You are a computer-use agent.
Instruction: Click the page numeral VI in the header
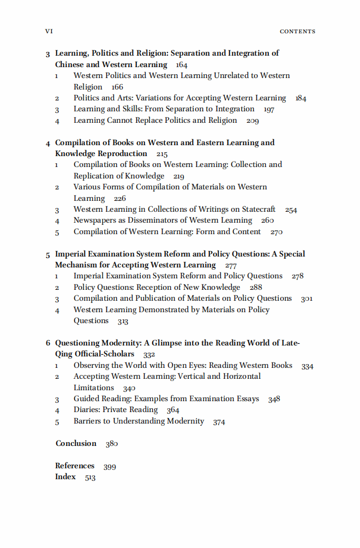coord(48,31)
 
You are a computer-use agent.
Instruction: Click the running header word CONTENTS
coord(297,32)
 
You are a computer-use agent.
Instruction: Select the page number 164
coord(182,65)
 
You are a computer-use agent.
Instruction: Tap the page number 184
coord(301,99)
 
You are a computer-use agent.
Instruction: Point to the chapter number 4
coord(48,143)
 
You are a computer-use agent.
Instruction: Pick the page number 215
coord(161,154)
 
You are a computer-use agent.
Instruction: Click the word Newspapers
coord(96,221)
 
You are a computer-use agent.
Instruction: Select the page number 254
coord(291,210)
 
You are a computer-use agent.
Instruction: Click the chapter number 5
coord(48,254)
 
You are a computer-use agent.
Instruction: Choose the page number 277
coord(231,266)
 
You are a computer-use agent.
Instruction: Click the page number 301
coord(306,299)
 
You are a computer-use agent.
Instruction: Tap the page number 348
coord(274,400)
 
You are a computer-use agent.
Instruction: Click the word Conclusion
coord(76,443)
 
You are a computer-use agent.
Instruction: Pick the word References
coord(75,466)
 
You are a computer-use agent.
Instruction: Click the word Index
coord(65,477)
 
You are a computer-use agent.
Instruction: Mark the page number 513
coord(90,478)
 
